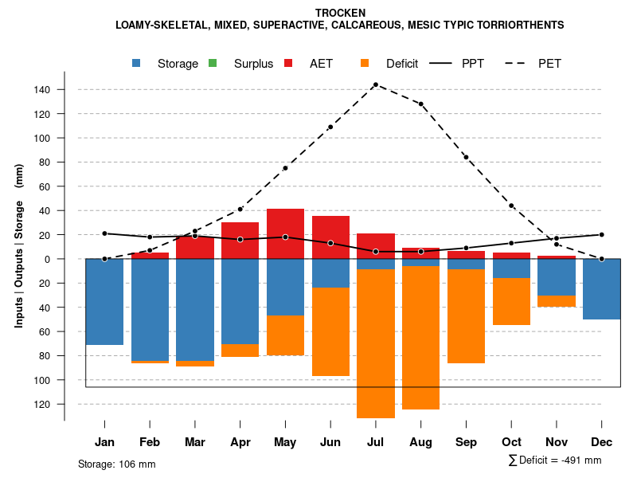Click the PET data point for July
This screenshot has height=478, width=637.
click(x=375, y=84)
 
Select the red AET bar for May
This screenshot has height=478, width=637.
click(x=285, y=233)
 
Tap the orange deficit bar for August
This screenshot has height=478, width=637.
click(x=420, y=337)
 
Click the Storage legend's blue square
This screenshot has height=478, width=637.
click(x=138, y=64)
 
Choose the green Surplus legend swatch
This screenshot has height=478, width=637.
click(x=212, y=64)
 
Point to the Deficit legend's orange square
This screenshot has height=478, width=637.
click(x=365, y=64)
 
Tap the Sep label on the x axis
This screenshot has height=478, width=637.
click(x=466, y=442)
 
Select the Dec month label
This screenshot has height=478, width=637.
click(x=602, y=442)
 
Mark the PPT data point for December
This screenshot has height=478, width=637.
click(x=602, y=235)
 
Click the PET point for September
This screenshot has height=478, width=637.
click(x=466, y=157)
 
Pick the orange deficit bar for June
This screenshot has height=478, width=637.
click(x=330, y=331)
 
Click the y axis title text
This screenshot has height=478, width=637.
click(x=19, y=245)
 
